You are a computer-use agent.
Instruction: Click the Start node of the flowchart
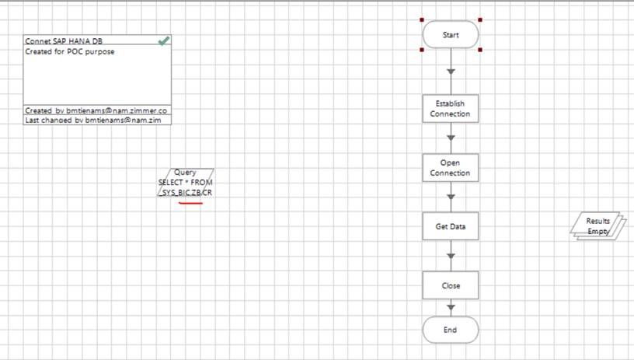coord(451,35)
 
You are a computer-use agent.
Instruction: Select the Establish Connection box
coord(451,109)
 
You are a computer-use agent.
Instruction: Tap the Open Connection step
coord(451,168)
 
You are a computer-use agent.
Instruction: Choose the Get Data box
coord(451,227)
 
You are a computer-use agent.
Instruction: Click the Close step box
coord(451,285)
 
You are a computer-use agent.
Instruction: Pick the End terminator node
coord(451,330)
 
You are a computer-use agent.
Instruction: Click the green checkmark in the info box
coord(164,40)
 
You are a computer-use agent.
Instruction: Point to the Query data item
coord(185,182)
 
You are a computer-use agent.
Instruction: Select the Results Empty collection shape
coord(598,226)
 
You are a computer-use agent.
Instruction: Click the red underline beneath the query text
coord(191,204)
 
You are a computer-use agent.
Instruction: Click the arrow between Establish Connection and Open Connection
coord(451,138)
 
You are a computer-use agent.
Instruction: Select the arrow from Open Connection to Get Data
coord(451,197)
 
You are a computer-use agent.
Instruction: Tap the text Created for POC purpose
coord(70,51)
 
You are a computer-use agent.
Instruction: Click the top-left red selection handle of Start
coord(422,20)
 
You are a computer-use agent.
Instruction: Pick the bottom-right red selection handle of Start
coord(480,50)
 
